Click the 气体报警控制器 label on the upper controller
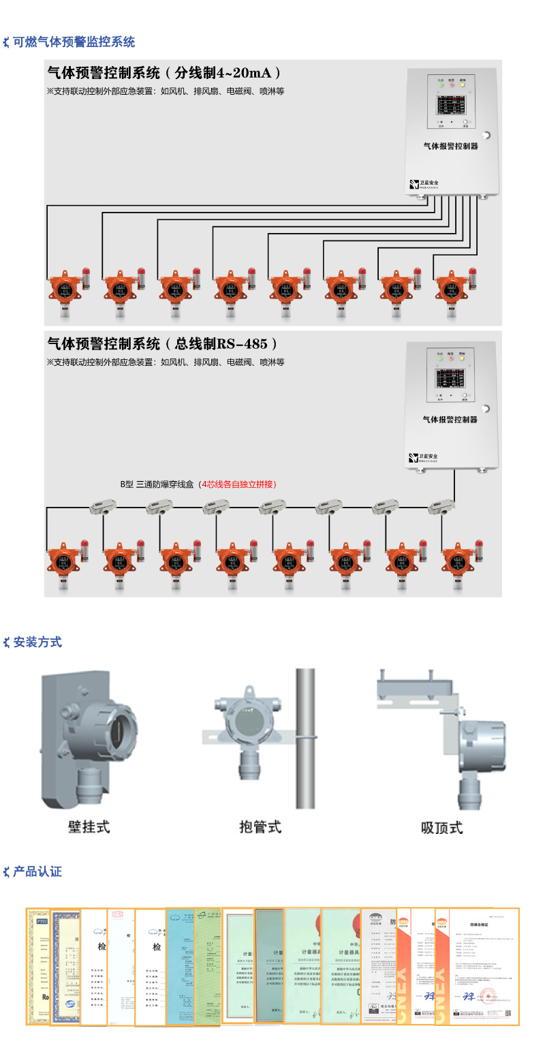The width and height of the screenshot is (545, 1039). coord(451,146)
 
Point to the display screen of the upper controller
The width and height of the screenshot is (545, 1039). coord(451,106)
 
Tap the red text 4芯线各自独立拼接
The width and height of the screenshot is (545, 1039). coord(236,484)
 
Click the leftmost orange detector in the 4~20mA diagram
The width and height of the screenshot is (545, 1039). coord(65,290)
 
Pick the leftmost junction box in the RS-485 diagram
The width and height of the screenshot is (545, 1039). coord(103,506)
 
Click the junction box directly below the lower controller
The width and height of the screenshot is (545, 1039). coord(441,506)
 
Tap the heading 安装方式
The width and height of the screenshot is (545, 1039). coord(37,642)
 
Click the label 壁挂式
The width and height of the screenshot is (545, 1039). coord(89,827)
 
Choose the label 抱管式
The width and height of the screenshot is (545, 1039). coord(260,827)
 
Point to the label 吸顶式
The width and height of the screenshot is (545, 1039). coord(441,828)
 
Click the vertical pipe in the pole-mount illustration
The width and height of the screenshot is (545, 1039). coord(305,736)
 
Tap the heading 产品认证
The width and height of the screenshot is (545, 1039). coord(37,871)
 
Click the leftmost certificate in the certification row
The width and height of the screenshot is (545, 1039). coord(38,966)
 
